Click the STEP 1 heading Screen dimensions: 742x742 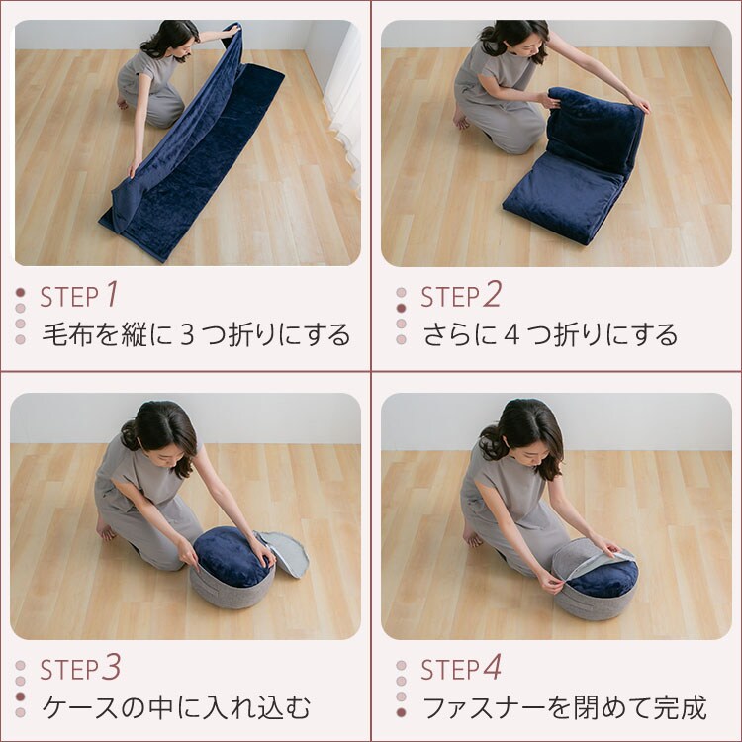click(x=79, y=295)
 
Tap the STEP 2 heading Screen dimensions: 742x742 click(x=461, y=295)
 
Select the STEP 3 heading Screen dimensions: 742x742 click(x=80, y=669)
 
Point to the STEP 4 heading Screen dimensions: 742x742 click(x=461, y=669)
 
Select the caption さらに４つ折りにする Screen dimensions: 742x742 click(x=550, y=334)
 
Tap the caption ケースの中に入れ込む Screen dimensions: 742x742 click(x=176, y=708)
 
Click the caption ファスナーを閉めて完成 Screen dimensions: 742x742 click(x=564, y=708)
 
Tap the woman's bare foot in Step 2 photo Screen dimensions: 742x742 click(x=461, y=120)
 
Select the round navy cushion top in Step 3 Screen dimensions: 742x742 click(x=232, y=556)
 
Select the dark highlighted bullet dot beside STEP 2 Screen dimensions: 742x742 click(x=401, y=308)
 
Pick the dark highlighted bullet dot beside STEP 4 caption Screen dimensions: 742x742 click(x=401, y=712)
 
